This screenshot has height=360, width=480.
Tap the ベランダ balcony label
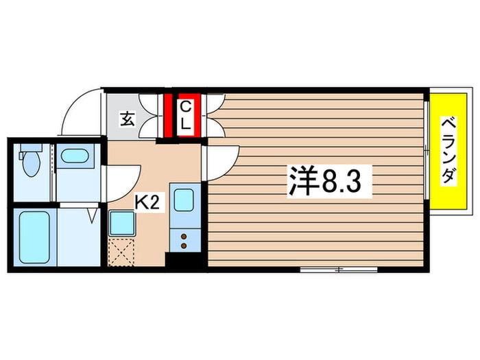tap(448, 150)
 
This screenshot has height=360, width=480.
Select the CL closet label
tap(186, 116)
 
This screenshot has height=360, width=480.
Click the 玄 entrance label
tap(127, 119)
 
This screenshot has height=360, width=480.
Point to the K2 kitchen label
tap(147, 202)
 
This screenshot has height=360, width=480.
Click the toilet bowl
tap(32, 161)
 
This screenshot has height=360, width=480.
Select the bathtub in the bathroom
tap(34, 237)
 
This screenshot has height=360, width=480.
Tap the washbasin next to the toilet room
tap(75, 156)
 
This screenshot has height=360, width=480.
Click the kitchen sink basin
tap(184, 200)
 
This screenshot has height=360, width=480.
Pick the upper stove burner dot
tap(184, 237)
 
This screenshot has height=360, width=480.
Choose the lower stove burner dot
tap(184, 245)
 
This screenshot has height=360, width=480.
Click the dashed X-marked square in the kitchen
tap(121, 252)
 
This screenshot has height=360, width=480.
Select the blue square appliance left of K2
tap(122, 223)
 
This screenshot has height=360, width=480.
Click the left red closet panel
tap(168, 115)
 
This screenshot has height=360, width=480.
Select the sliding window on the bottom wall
tap(339, 269)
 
